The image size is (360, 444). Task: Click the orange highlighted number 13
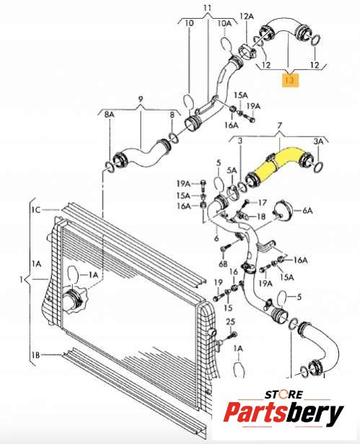pyautogui.click(x=290, y=80)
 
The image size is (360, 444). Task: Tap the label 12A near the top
pyautogui.click(x=247, y=17)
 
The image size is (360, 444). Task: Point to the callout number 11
pyautogui.click(x=208, y=8)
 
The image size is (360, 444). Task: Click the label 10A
pyautogui.click(x=224, y=23)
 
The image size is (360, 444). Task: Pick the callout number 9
pyautogui.click(x=141, y=100)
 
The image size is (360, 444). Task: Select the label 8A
pyautogui.click(x=109, y=114)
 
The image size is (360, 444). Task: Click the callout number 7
pyautogui.click(x=280, y=125)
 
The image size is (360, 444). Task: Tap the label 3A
pyautogui.click(x=318, y=142)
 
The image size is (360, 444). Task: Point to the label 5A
pyautogui.click(x=232, y=170)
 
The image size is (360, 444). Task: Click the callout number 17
pyautogui.click(x=262, y=203)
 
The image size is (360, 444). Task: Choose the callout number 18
pyautogui.click(x=260, y=217)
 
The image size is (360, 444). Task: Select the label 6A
pyautogui.click(x=307, y=211)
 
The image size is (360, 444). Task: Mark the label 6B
pyautogui.click(x=223, y=264)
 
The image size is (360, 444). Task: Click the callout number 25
pyautogui.click(x=231, y=322)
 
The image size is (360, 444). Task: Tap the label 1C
pyautogui.click(x=36, y=210)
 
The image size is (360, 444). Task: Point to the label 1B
pyautogui.click(x=35, y=354)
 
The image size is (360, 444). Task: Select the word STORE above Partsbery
pyautogui.click(x=284, y=394)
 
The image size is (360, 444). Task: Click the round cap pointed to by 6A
pyautogui.click(x=282, y=211)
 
